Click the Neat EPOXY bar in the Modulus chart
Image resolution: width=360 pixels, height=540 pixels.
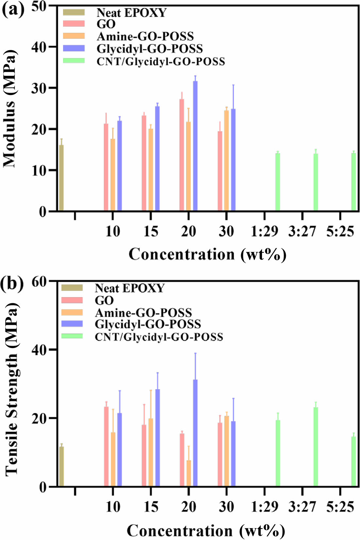pos(61,178)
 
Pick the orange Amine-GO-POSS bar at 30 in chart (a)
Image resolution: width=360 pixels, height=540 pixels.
pos(226,160)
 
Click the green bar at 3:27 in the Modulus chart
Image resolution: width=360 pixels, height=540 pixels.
pos(316,182)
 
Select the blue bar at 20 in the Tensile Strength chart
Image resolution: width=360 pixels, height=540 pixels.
pos(195,433)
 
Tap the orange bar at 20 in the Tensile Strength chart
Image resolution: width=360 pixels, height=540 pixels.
pos(188,473)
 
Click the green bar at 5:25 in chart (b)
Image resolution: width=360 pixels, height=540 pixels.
pos(353,461)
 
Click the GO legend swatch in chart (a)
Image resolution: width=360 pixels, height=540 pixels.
pos(74,24)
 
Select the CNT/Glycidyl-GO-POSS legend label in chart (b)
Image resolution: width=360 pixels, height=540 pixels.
pos(159,337)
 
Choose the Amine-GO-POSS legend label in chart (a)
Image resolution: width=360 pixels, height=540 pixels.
pos(145,36)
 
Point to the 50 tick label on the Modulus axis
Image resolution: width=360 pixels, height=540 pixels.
pos(39,7)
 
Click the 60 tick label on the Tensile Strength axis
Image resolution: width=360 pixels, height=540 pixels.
pos(40,281)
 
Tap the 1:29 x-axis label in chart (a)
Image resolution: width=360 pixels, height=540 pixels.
pos(264,231)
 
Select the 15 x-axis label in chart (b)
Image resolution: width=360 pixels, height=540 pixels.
pos(151,507)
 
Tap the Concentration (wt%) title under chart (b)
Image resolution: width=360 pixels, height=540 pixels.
pos(206,531)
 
